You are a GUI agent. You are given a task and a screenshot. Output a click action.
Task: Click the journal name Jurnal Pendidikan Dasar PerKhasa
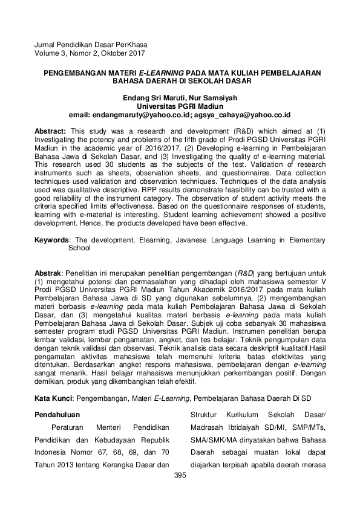pos(91,45)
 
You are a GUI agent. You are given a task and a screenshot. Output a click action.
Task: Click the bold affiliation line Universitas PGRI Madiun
pos(180,105)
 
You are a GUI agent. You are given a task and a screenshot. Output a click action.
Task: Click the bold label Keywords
pos(51,239)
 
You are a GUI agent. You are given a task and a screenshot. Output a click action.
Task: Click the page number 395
pos(180,476)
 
